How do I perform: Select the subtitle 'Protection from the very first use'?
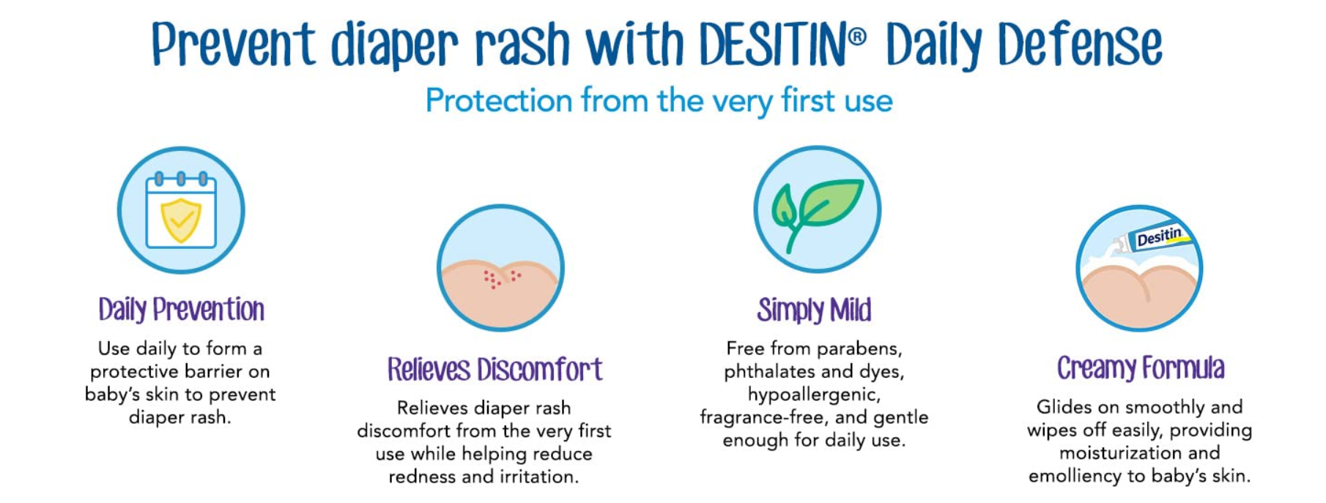point(659,100)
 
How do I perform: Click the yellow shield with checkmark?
point(181,220)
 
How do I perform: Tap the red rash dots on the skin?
point(502,278)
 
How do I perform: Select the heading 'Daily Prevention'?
point(182,310)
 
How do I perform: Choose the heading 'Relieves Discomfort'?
point(495,369)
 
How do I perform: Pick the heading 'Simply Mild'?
point(815,310)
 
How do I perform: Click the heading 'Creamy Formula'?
point(1141,368)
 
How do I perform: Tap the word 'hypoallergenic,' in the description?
point(814,395)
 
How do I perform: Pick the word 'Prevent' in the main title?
point(233,45)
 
